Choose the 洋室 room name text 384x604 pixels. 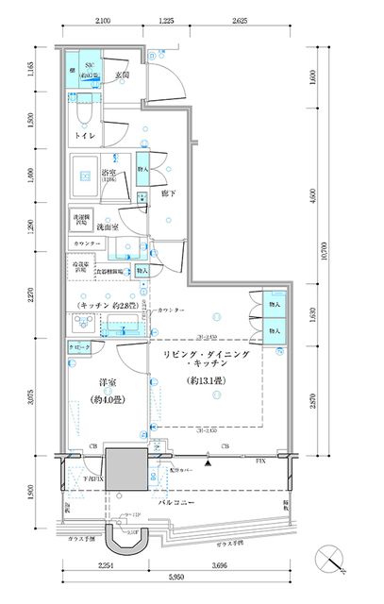[106, 384]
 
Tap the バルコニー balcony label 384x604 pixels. [176, 502]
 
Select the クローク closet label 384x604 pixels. [80, 348]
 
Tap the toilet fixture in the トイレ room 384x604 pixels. [85, 111]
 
